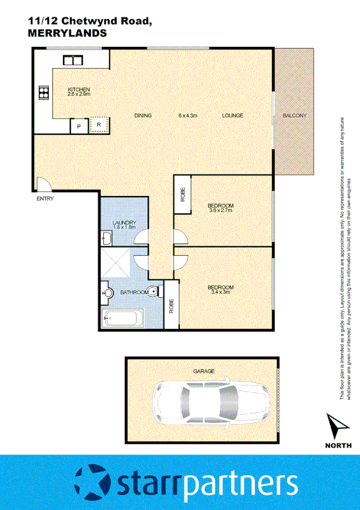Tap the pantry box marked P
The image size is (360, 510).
pos(78,126)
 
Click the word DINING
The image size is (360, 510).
pos(143,115)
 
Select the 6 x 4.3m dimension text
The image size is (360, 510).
pos(188,115)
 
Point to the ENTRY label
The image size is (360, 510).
pos(44,198)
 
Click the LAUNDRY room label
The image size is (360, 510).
pos(124,223)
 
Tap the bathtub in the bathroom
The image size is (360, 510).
pos(123,317)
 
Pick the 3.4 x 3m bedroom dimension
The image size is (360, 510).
pos(220,292)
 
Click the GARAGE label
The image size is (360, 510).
pos(204,371)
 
